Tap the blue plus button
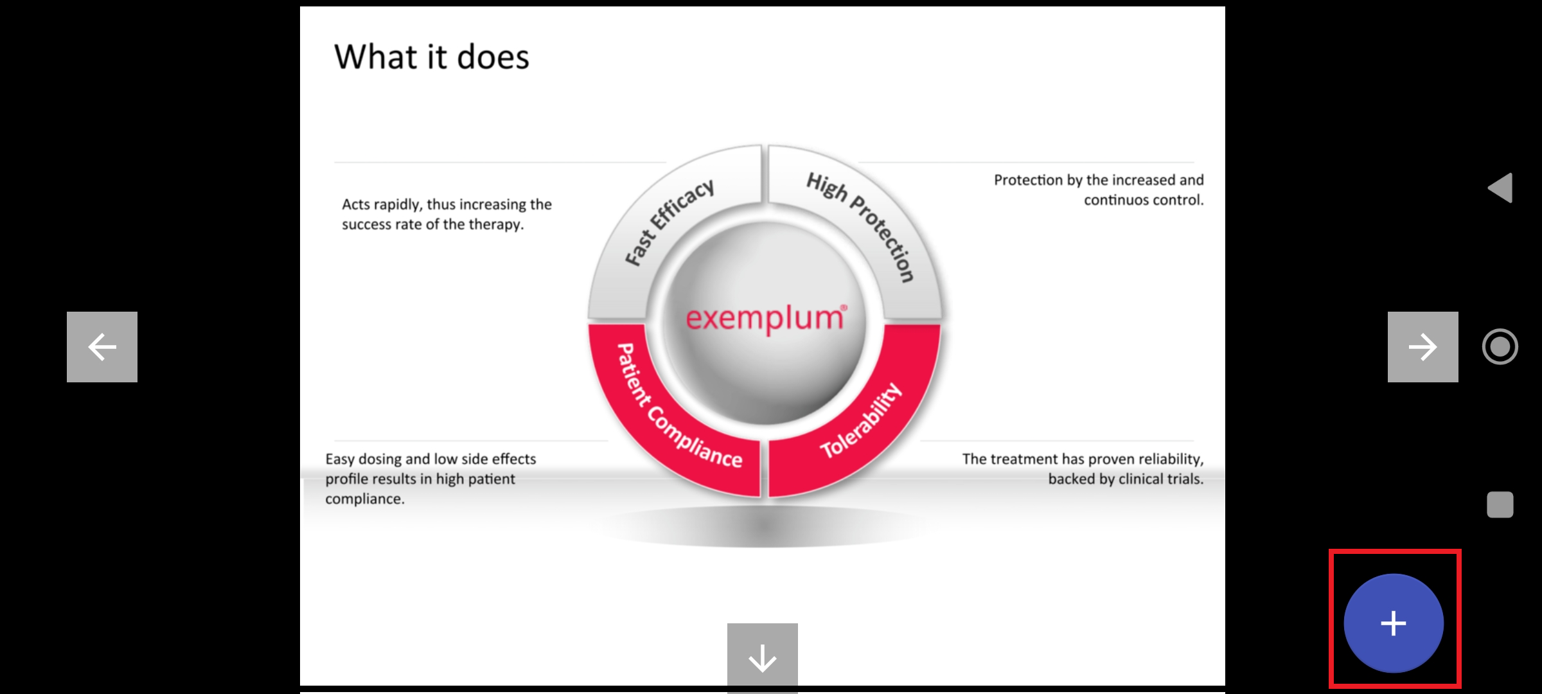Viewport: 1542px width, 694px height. click(x=1394, y=623)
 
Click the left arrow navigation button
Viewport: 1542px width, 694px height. click(x=102, y=347)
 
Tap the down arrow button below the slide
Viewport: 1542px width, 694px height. click(x=763, y=657)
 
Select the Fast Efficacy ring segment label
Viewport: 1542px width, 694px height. click(x=669, y=222)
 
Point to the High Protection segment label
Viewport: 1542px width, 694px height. click(x=861, y=225)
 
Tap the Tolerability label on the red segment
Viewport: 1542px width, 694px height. click(x=861, y=421)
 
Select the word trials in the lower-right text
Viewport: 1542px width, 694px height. click(x=1183, y=479)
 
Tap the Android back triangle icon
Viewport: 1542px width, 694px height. click(x=1500, y=188)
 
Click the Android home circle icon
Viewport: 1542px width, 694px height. click(x=1500, y=347)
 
